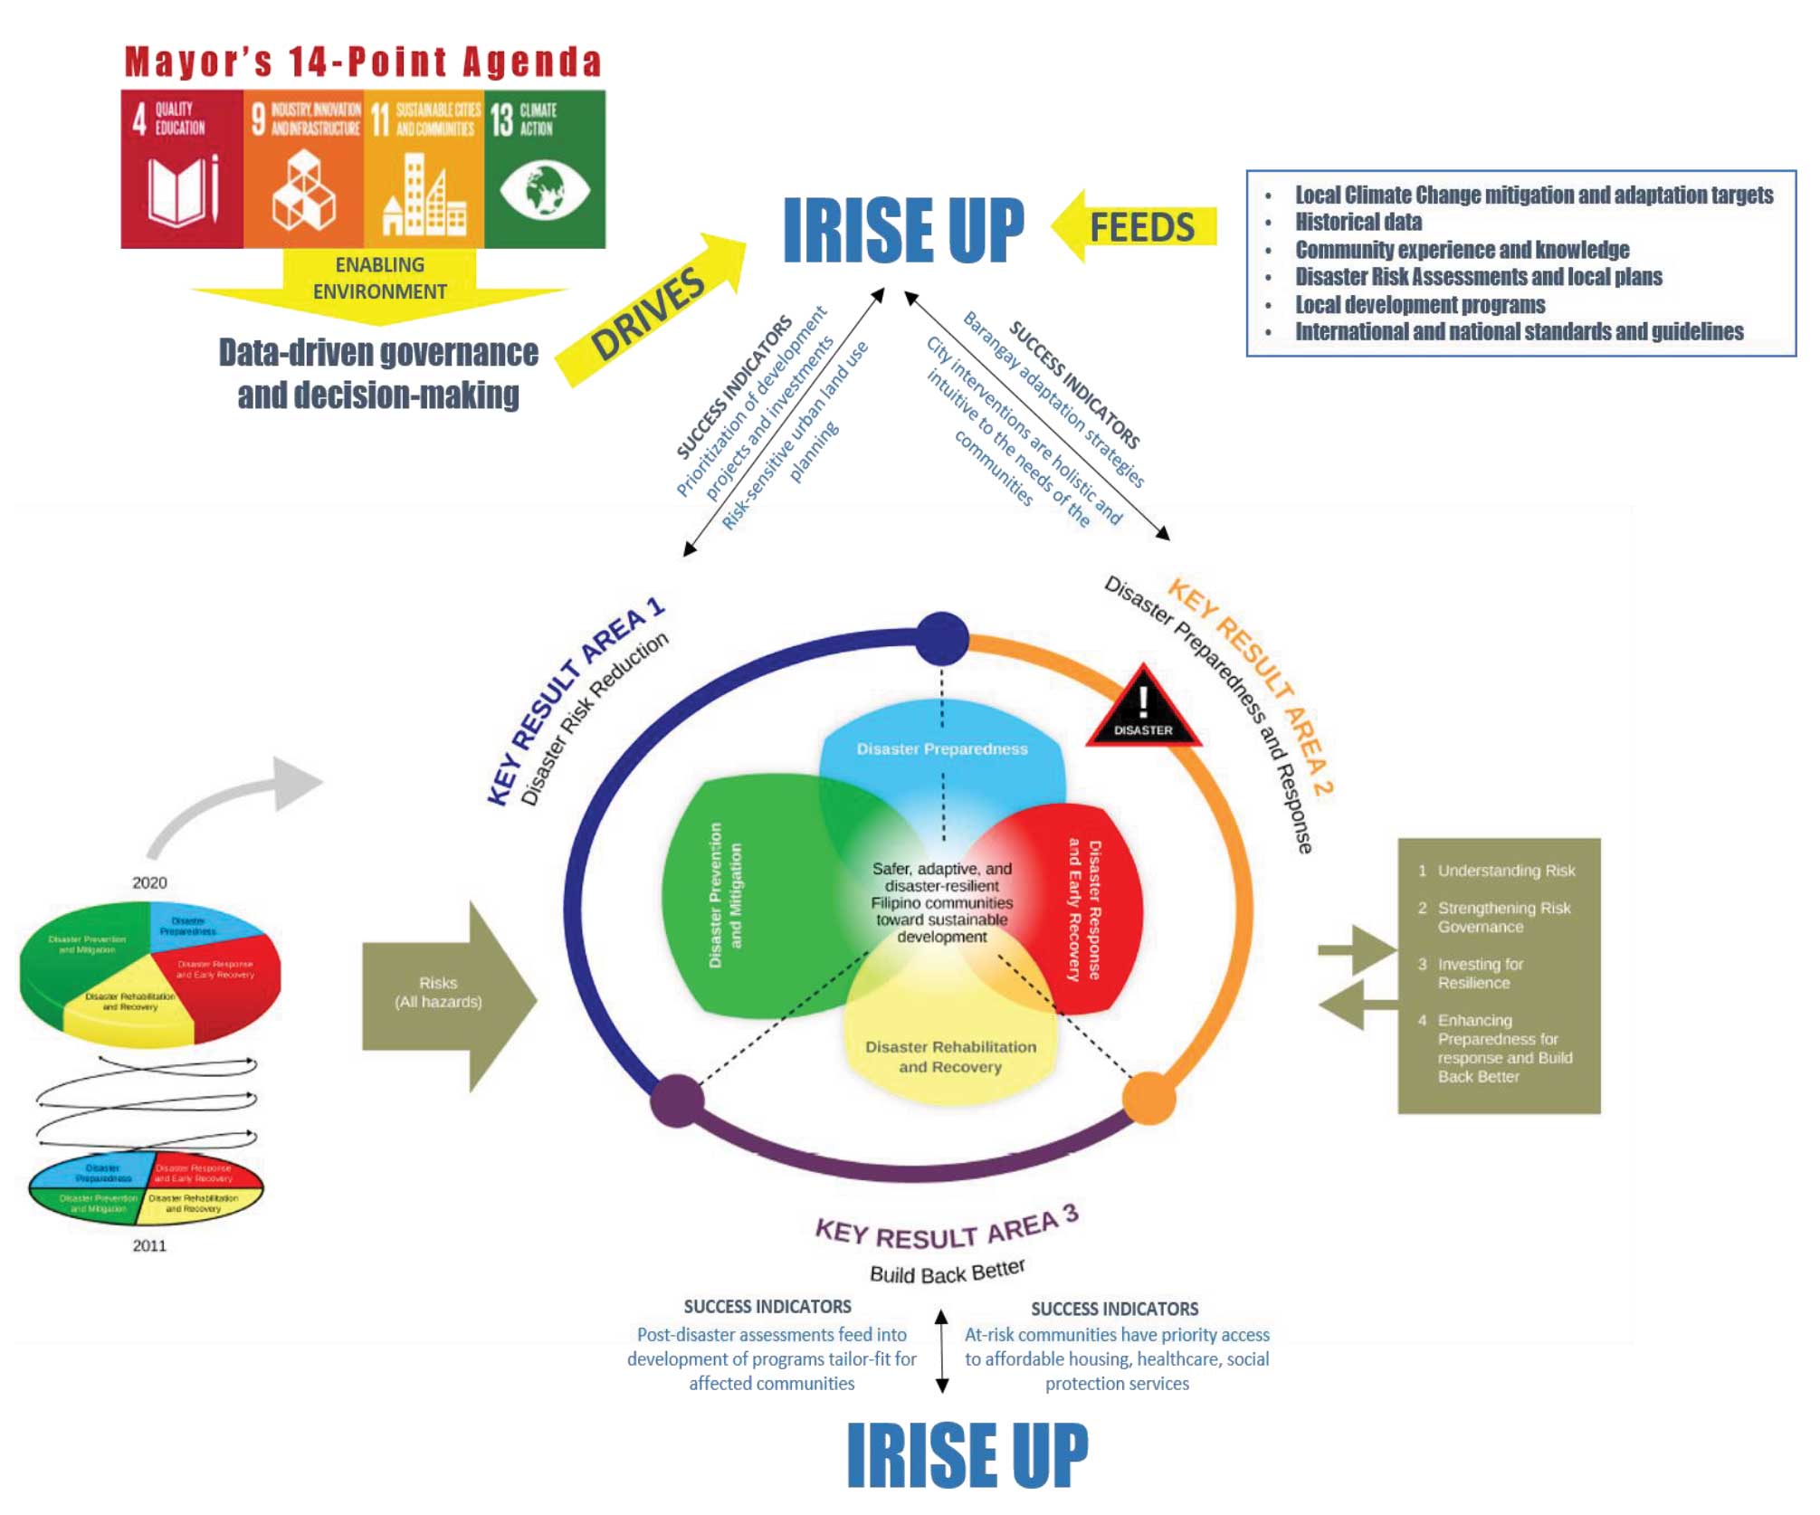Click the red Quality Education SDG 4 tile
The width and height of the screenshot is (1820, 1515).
[181, 168]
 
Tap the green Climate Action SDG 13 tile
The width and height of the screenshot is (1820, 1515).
[544, 168]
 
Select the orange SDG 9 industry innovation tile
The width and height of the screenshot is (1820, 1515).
[303, 168]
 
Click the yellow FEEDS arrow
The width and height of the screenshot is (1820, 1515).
[1135, 226]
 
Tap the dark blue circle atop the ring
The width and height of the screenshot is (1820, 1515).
[942, 638]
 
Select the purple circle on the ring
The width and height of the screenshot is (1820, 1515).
[677, 1100]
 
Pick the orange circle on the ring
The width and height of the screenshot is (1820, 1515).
[1148, 1098]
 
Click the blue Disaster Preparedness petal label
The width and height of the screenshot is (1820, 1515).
[942, 749]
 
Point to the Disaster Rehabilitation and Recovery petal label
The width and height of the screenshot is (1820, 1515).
[950, 1057]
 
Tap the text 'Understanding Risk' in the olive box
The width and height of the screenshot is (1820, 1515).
[1506, 871]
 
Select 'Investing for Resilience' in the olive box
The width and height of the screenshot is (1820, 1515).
[1480, 974]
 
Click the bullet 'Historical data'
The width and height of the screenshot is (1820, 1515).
[1358, 223]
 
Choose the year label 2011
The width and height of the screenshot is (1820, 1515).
[149, 1245]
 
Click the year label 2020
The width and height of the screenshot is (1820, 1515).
[149, 882]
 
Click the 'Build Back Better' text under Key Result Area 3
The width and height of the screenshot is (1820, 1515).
[947, 1272]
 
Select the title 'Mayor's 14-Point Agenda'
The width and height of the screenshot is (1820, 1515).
[363, 62]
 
